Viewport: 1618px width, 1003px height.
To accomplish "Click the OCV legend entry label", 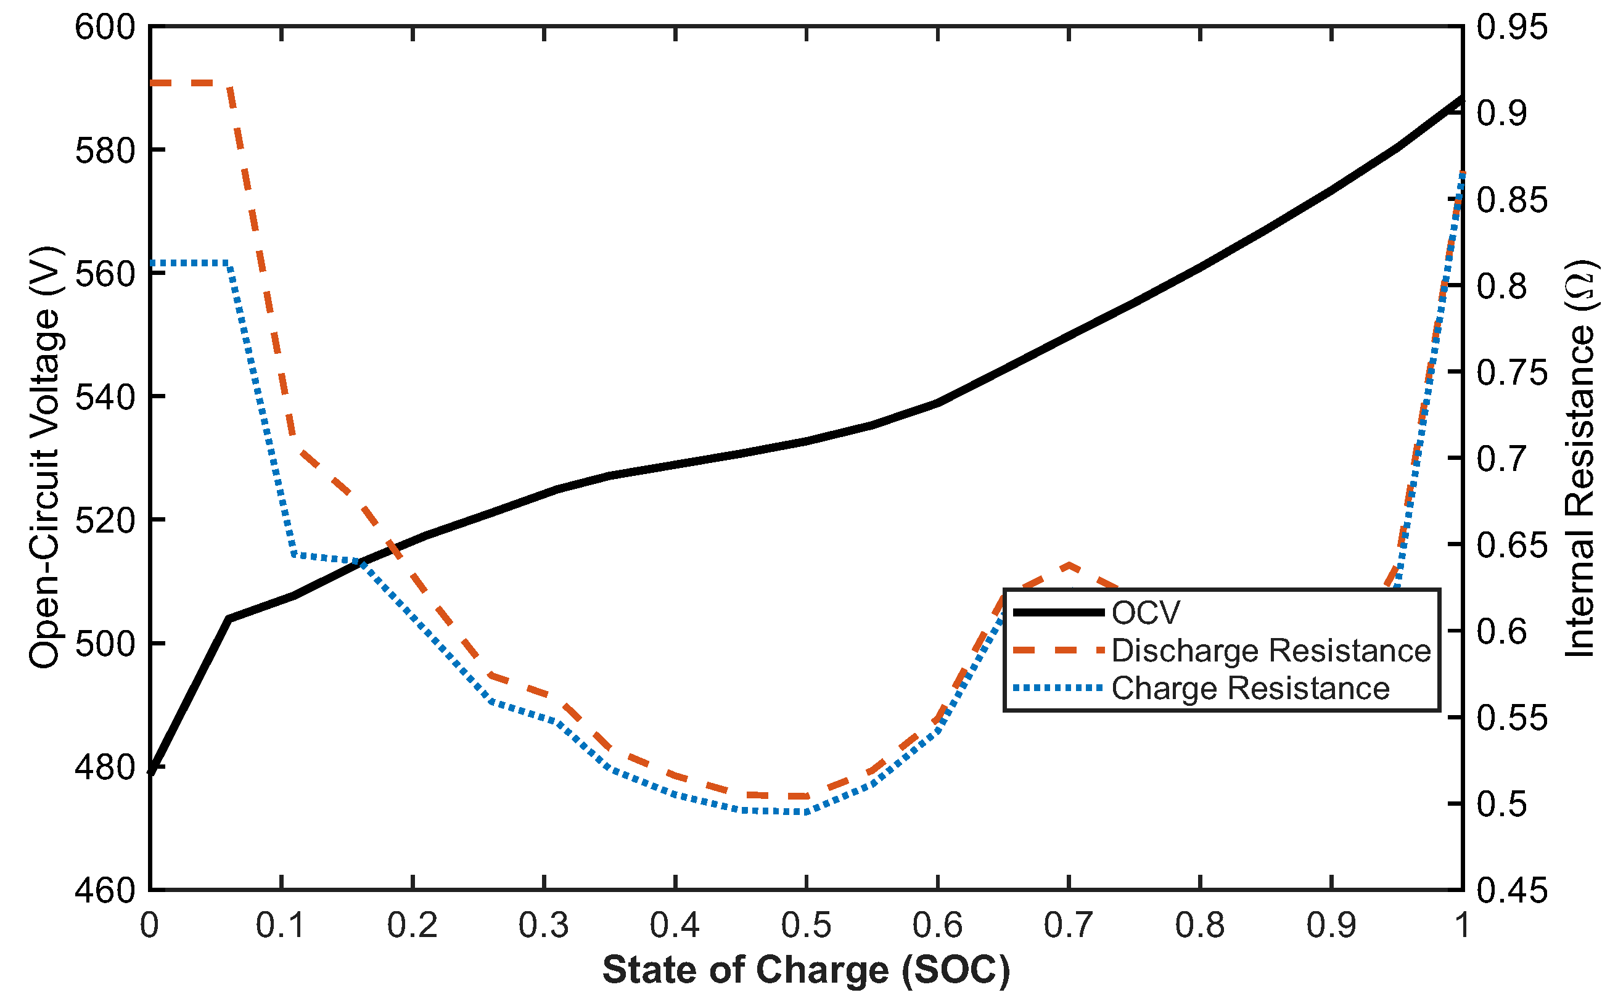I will coord(1146,613).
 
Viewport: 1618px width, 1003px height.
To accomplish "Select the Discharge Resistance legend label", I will coord(1271,651).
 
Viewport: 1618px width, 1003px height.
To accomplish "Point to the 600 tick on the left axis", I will coord(104,28).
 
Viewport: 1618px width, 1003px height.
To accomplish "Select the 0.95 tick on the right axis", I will coord(1512,28).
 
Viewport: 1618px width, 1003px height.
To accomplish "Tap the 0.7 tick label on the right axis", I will coord(1502,459).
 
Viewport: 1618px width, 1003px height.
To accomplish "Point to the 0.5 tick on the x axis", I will coord(806,925).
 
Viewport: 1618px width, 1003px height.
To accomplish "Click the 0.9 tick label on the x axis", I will coord(1331,925).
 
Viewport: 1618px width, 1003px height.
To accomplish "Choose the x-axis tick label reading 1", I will coord(1461,925).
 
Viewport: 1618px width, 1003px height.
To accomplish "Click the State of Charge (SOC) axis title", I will coord(806,970).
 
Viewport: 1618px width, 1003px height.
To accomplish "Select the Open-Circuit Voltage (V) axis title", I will coord(45,457).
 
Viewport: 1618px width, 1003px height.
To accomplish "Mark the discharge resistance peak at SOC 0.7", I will coord(1069,565).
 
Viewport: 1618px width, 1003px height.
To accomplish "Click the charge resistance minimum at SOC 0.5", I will coord(806,812).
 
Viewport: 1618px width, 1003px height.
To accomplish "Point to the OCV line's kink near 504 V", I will coord(228,618).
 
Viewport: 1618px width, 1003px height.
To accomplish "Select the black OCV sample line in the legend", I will coord(1058,612).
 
